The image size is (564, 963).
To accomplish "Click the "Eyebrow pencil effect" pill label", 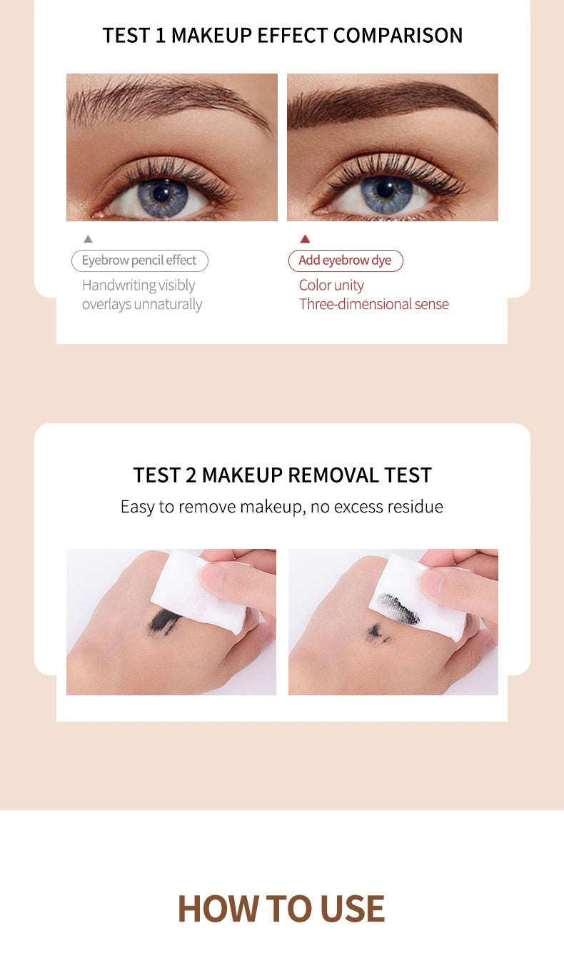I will (139, 261).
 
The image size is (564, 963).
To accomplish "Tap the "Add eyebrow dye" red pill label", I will (346, 261).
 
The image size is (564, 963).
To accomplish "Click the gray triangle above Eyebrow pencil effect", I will (88, 239).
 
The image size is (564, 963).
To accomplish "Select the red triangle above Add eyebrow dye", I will (305, 239).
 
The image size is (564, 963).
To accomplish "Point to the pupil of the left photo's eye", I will (162, 191).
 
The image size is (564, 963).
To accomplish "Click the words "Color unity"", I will (331, 285).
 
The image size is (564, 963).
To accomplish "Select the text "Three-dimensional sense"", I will (374, 304).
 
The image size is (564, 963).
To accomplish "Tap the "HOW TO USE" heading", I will (281, 909).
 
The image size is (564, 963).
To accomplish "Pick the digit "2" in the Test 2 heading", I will (191, 475).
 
